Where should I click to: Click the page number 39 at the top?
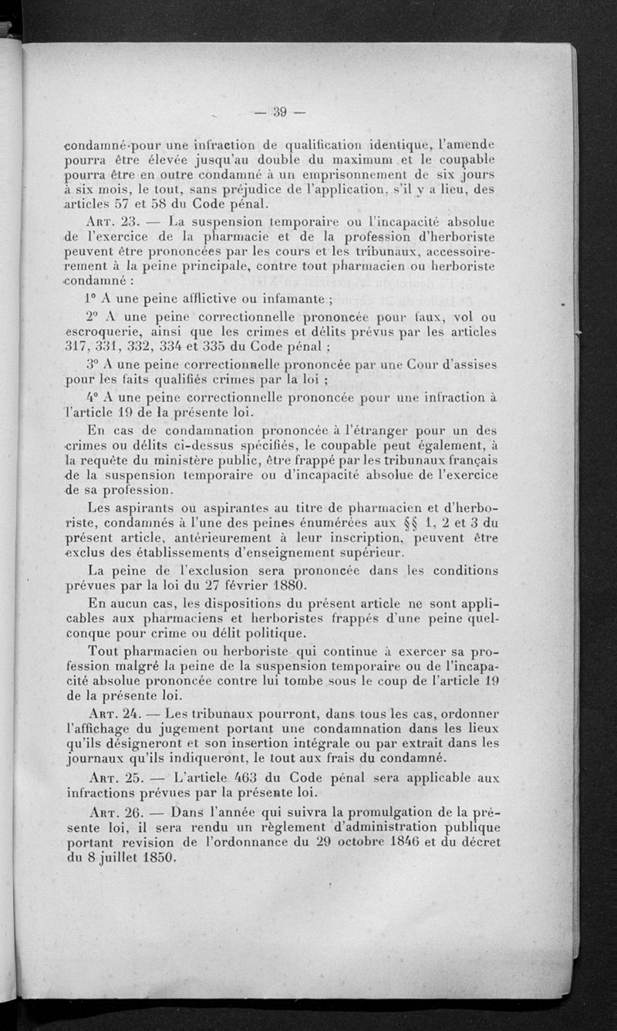click(x=278, y=113)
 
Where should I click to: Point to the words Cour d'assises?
click(x=450, y=365)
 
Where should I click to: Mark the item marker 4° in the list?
click(x=93, y=398)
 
